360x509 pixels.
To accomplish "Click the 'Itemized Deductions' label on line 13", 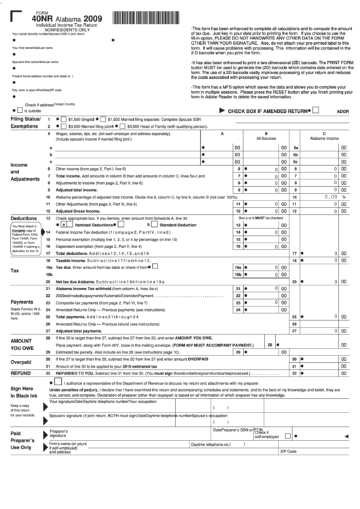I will pyautogui.click(x=94, y=224).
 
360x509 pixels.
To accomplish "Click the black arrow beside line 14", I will pyautogui.click(x=42, y=232).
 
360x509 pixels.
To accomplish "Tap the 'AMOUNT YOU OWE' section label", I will pyautogui.click(x=22, y=344).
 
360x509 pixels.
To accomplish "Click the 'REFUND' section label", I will pyautogui.click(x=20, y=373).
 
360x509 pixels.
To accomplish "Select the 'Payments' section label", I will pyautogui.click(x=22, y=302).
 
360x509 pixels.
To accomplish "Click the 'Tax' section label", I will pyautogui.click(x=14, y=270).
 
